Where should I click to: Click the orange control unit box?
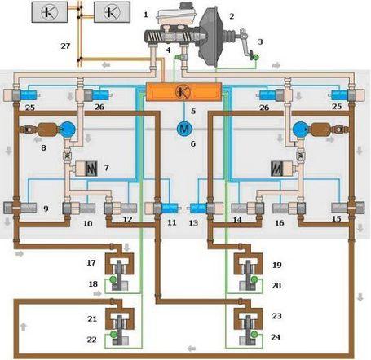click(x=183, y=92)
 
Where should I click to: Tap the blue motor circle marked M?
click(x=184, y=129)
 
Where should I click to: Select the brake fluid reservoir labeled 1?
click(x=176, y=15)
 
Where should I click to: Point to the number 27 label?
click(x=65, y=46)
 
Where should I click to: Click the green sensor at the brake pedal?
click(x=255, y=57)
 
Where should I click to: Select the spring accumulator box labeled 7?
click(x=86, y=169)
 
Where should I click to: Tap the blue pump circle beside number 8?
click(x=67, y=129)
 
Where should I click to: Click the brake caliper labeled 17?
click(x=120, y=266)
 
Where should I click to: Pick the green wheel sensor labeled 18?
click(x=113, y=279)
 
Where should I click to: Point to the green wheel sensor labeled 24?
click(x=254, y=334)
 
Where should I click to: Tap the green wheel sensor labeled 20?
click(x=254, y=279)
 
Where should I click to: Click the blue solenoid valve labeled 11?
click(x=170, y=209)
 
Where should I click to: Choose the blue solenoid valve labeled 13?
click(x=199, y=209)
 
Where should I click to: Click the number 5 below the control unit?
click(x=193, y=111)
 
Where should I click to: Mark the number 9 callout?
click(x=46, y=209)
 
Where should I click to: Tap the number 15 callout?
click(x=337, y=218)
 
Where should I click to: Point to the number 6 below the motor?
click(x=193, y=143)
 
